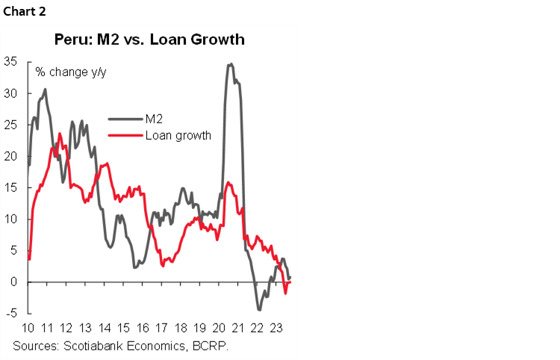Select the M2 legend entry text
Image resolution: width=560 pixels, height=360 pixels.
tap(152, 117)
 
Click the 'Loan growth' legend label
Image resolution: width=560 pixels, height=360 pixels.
tap(178, 135)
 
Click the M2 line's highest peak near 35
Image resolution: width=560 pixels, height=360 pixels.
tap(231, 64)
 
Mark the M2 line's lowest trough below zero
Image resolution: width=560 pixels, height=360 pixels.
tap(259, 308)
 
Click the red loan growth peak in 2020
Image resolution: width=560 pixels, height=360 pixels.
tap(228, 182)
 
